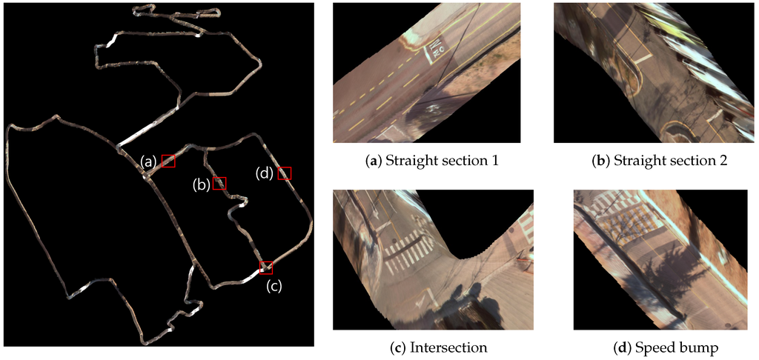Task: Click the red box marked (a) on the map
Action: (x=168, y=161)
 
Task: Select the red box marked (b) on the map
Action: (x=219, y=183)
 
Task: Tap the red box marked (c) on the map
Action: (x=266, y=267)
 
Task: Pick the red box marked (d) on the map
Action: (x=285, y=173)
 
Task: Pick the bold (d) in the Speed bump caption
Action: (x=614, y=345)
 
